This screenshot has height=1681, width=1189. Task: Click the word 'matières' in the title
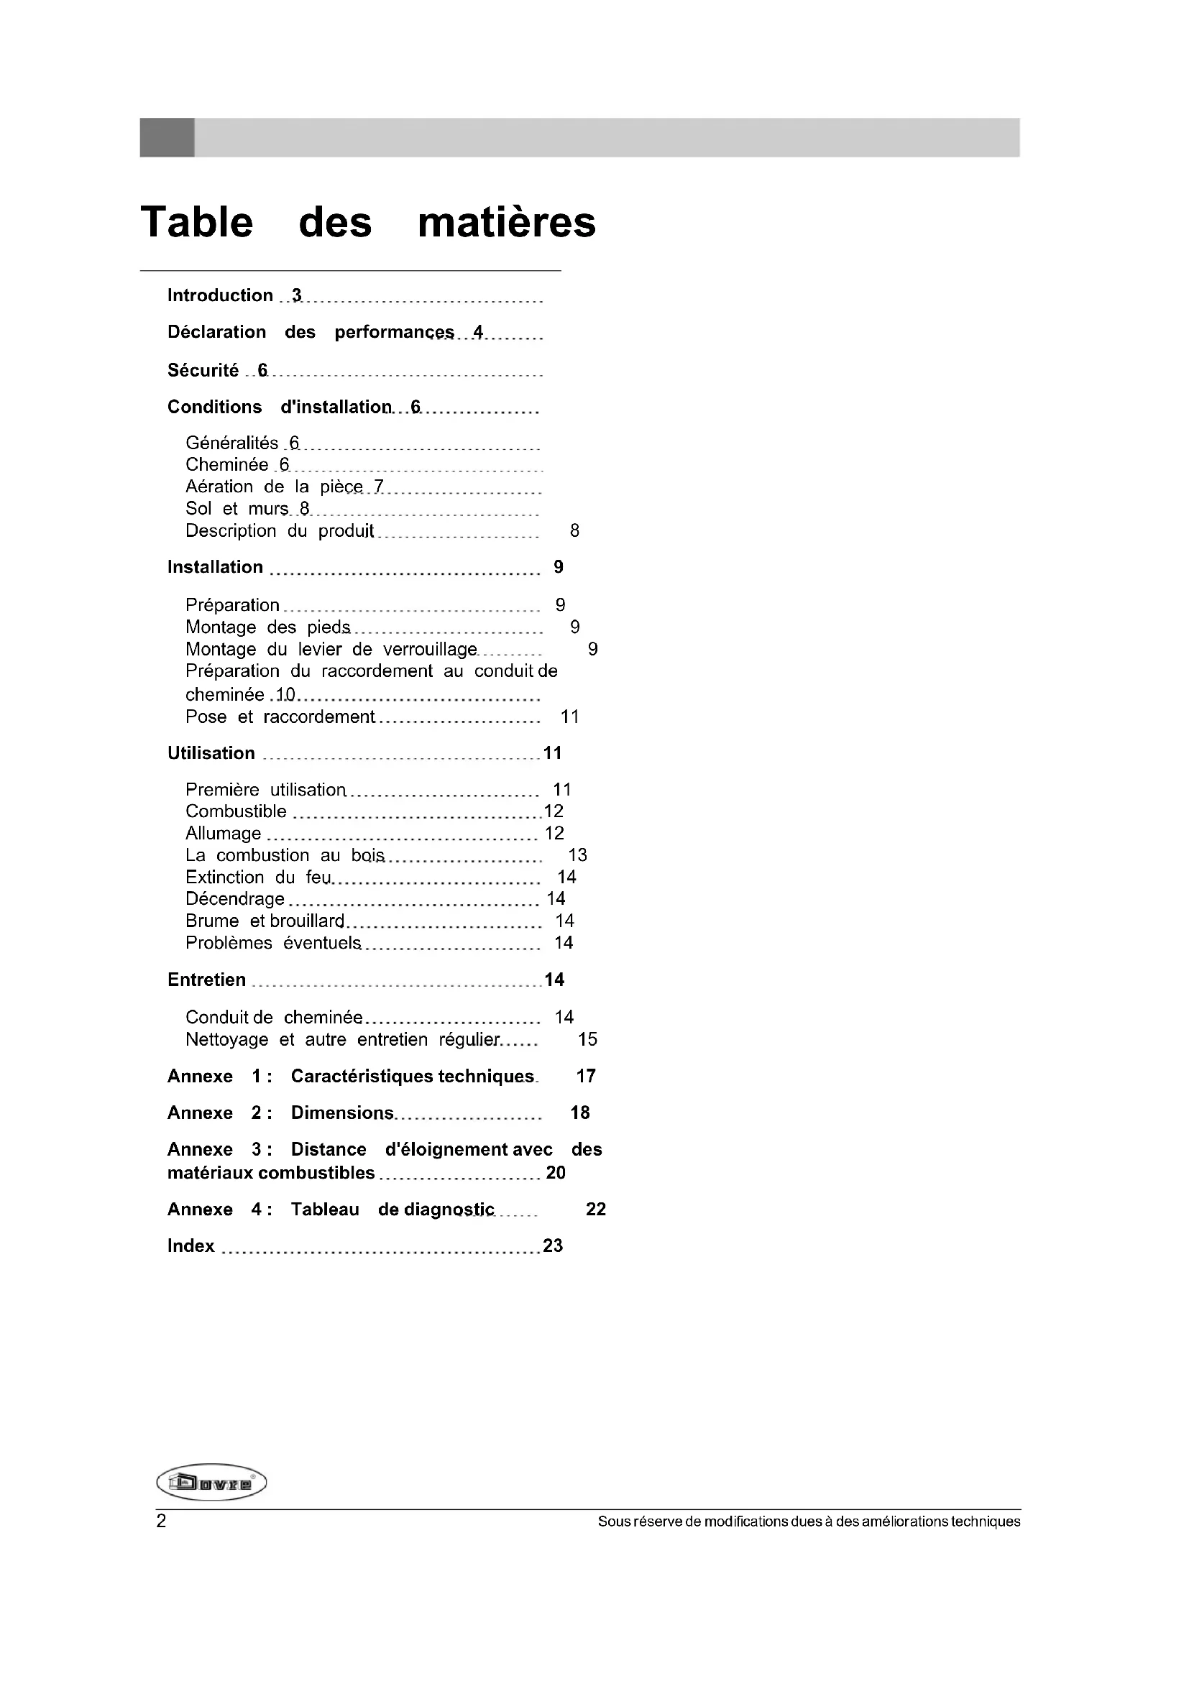tap(507, 222)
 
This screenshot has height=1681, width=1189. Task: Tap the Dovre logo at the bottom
tap(211, 1483)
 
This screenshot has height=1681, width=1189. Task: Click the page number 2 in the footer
tap(161, 1521)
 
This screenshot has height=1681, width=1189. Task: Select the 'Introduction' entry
tap(220, 295)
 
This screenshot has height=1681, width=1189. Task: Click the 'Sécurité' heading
tap(203, 370)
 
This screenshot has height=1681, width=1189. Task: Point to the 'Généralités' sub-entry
tap(231, 443)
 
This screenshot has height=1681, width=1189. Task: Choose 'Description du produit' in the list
tap(280, 531)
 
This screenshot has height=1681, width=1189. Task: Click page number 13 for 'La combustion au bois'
tap(578, 855)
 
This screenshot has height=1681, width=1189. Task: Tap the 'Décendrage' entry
tap(234, 899)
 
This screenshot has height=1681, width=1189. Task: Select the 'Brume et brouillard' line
tap(265, 921)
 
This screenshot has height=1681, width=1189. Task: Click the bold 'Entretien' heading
tap(206, 980)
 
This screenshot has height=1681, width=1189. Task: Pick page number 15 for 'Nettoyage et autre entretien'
tap(587, 1039)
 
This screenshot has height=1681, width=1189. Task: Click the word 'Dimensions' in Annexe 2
tap(342, 1113)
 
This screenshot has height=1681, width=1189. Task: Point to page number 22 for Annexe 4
tap(596, 1209)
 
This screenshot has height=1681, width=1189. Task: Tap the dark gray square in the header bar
tap(167, 137)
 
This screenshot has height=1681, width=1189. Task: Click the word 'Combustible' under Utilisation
tap(236, 811)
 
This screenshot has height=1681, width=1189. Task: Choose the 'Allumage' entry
tap(224, 833)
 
